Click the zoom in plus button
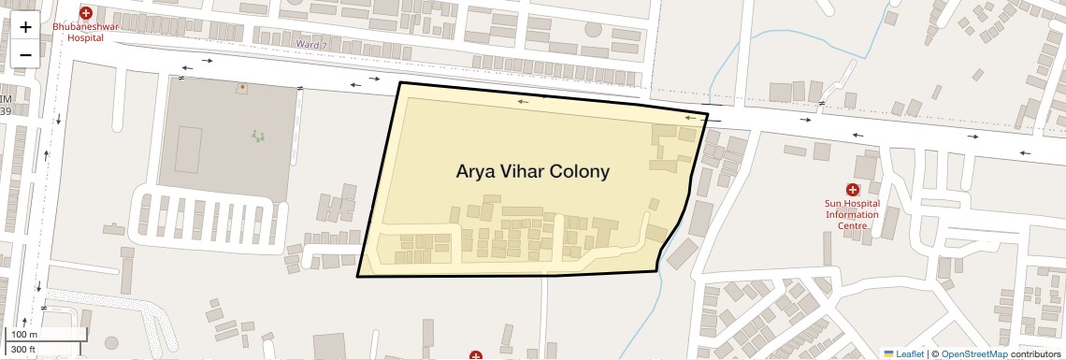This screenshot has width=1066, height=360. (x=25, y=27)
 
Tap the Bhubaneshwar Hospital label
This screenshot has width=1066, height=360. (x=85, y=34)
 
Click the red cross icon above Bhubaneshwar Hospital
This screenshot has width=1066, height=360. (x=86, y=13)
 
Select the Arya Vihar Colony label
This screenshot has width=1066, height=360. (x=532, y=172)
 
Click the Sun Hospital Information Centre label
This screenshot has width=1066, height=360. (x=851, y=214)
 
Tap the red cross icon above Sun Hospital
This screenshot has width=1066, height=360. (x=852, y=190)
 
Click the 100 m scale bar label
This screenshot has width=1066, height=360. (x=23, y=335)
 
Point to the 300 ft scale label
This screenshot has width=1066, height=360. (x=23, y=350)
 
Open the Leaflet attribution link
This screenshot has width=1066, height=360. (x=910, y=353)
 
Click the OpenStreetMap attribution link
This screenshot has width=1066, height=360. (x=973, y=353)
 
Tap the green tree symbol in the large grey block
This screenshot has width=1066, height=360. (x=258, y=136)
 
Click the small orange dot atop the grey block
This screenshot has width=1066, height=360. (x=241, y=87)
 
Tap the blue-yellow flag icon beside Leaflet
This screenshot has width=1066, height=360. (x=889, y=353)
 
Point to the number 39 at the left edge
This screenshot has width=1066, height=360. (x=6, y=111)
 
